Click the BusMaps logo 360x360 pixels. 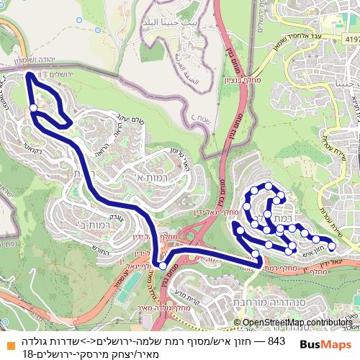click(x=325, y=345)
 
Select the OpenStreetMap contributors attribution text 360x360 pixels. click(x=296, y=323)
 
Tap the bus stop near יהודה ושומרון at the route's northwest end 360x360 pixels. click(x=33, y=109)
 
